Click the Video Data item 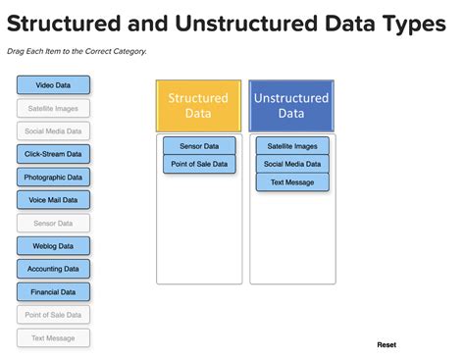pyautogui.click(x=53, y=85)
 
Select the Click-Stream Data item pyautogui.click(x=53, y=154)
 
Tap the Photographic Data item pyautogui.click(x=53, y=177)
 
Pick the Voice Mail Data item pyautogui.click(x=53, y=199)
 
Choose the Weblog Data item pyautogui.click(x=53, y=245)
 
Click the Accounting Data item pyautogui.click(x=53, y=268)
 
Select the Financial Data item pyautogui.click(x=53, y=291)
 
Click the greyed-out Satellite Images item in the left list pyautogui.click(x=53, y=108)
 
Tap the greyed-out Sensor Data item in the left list pyautogui.click(x=53, y=223)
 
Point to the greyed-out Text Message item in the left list pyautogui.click(x=53, y=337)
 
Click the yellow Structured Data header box pyautogui.click(x=198, y=106)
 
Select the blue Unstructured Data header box pyautogui.click(x=291, y=106)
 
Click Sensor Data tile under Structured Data pyautogui.click(x=198, y=146)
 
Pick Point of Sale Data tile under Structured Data pyautogui.click(x=198, y=164)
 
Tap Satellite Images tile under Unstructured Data pyautogui.click(x=292, y=146)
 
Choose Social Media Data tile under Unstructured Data pyautogui.click(x=292, y=164)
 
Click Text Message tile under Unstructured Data pyautogui.click(x=292, y=182)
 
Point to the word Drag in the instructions pyautogui.click(x=16, y=51)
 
